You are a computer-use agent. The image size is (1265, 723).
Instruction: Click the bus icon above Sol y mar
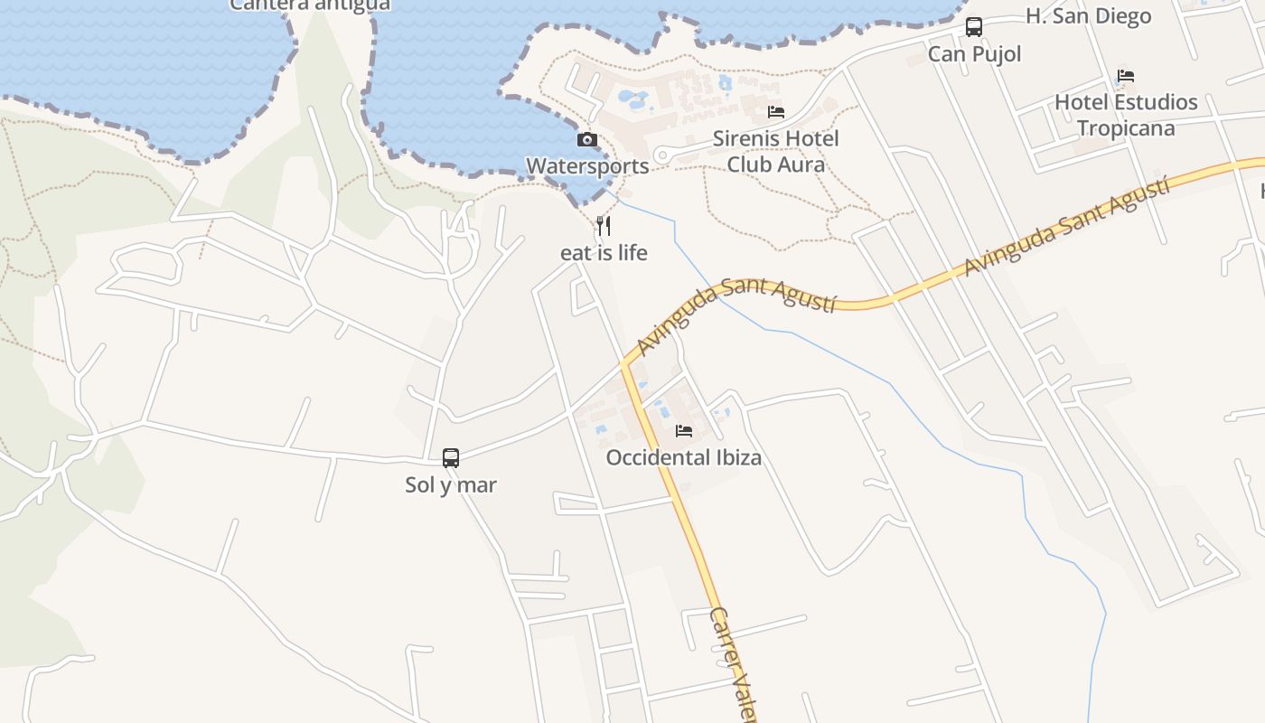coord(451,458)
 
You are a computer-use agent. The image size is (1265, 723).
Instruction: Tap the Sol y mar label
coord(451,485)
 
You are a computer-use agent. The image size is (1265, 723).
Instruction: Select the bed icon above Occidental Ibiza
coord(684,431)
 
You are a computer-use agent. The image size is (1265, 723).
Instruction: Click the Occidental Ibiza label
coord(683,458)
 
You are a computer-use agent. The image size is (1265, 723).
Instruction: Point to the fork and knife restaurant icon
coord(604,226)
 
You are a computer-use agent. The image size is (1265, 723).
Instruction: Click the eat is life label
coord(604,253)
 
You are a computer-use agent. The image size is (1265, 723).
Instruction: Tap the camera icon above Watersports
coord(587,140)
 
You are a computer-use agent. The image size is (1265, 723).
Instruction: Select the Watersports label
coord(587,166)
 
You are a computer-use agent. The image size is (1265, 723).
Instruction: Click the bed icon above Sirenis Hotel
coord(775,112)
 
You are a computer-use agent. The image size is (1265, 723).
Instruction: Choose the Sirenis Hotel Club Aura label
coord(775,152)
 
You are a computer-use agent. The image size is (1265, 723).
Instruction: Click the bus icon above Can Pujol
coord(973,27)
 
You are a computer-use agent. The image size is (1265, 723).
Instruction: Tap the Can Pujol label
coord(974,54)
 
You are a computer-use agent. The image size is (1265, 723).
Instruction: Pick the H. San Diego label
coord(1088,16)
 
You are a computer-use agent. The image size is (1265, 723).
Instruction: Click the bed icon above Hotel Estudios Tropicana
coord(1125,76)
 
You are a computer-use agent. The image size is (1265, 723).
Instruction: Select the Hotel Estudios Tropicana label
coord(1126,115)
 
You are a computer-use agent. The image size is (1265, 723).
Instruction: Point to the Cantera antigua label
coord(310,5)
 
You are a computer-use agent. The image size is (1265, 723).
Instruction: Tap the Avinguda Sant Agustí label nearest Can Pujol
coord(1066,226)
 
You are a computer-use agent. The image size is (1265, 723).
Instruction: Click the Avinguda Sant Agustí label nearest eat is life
coord(736,315)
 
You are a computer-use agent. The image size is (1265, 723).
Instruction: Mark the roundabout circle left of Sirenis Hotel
coord(662,156)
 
